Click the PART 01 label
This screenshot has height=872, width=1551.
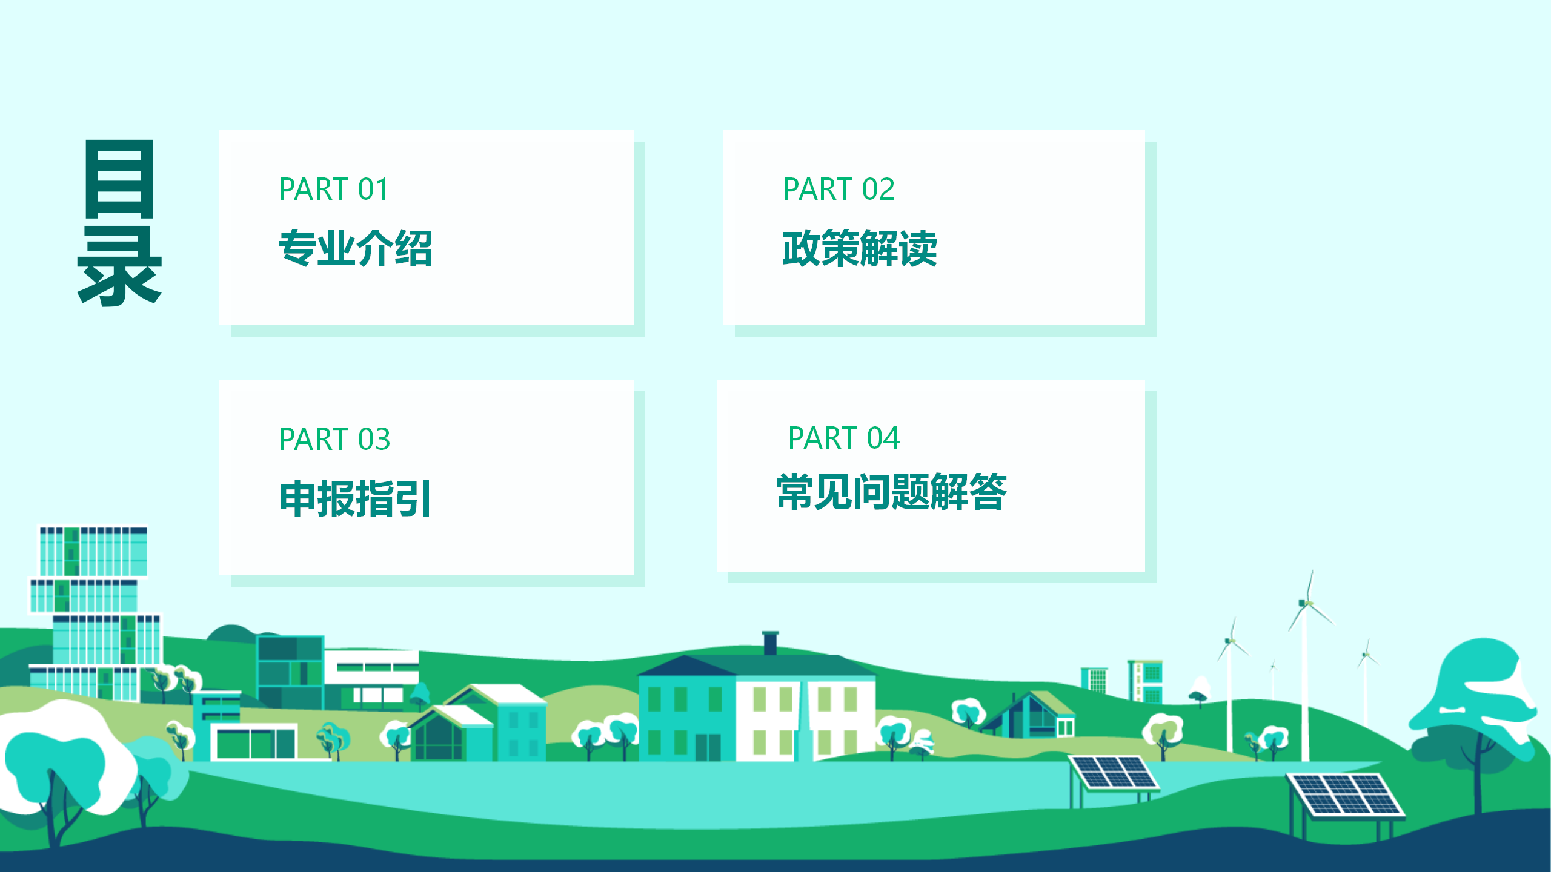point(333,189)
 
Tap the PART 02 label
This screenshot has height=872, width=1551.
point(839,189)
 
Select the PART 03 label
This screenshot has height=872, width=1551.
point(334,439)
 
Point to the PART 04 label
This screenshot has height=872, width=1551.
point(843,438)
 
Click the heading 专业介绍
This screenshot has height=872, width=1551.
point(356,248)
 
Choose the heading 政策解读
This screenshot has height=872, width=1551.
point(860,248)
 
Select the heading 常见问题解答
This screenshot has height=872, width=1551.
point(891,492)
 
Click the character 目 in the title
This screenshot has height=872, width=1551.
point(119,179)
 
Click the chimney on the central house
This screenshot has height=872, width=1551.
point(770,643)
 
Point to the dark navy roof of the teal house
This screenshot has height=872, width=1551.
point(686,666)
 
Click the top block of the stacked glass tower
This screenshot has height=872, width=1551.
point(93,550)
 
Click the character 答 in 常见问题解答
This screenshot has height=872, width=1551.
point(988,492)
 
